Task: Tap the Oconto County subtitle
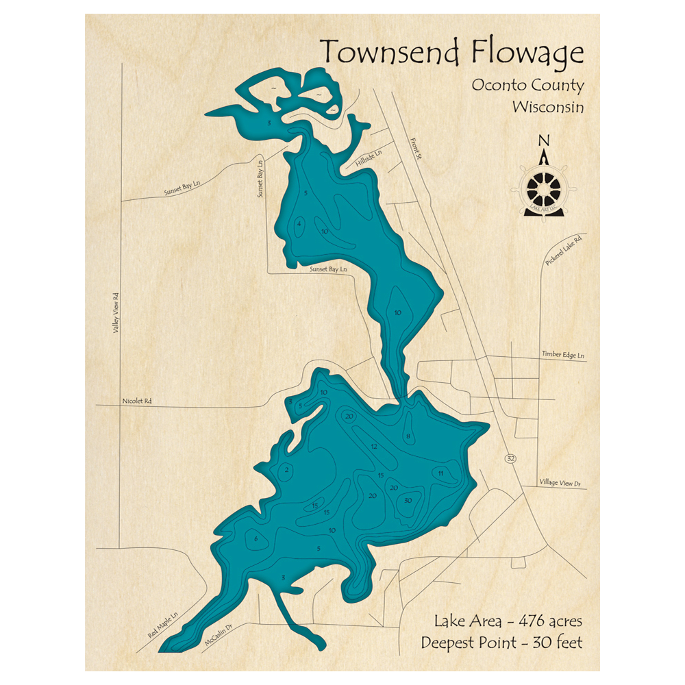click(527, 86)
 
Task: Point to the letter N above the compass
click(545, 141)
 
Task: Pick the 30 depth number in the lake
click(408, 501)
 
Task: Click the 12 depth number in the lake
click(373, 447)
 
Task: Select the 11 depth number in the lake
click(441, 473)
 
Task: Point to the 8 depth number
click(408, 436)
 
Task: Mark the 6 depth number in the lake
click(256, 539)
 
